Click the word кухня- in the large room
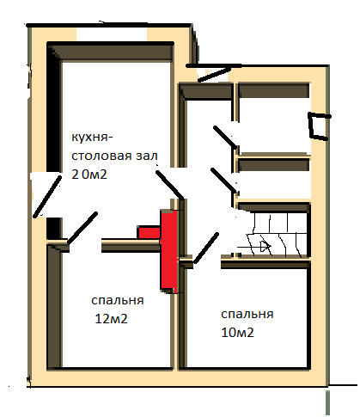tap(92, 138)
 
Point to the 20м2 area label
tap(89, 175)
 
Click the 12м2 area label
tap(111, 319)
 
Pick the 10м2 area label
tap(237, 333)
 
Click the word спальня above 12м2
tap(118, 301)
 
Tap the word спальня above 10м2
tap(247, 315)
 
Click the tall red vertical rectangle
tap(168, 250)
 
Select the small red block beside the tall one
tap(149, 233)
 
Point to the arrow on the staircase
tap(254, 246)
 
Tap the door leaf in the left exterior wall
tap(47, 197)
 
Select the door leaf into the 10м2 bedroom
tap(206, 248)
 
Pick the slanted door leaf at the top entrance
tap(215, 74)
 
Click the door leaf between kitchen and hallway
tap(169, 185)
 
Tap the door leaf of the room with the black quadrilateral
tap(225, 137)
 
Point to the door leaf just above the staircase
tap(223, 180)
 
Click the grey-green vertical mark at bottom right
tap(328, 402)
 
